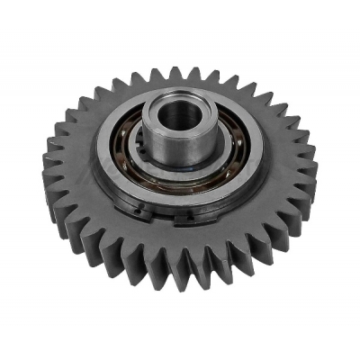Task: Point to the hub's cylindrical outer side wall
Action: [x=171, y=148]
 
